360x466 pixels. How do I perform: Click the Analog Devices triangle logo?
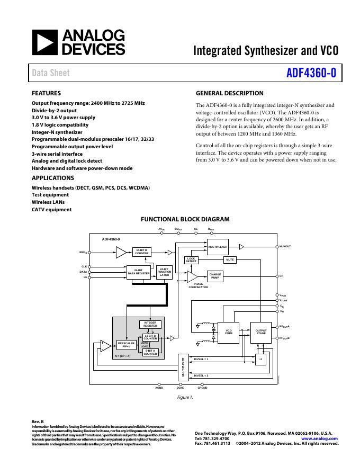click(44, 42)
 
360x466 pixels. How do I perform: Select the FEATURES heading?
click(46, 93)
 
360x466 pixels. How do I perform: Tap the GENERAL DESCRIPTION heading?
click(229, 93)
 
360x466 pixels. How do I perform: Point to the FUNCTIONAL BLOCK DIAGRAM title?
click(184, 219)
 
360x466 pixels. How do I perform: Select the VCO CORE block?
click(229, 332)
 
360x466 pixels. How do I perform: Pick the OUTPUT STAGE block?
click(261, 332)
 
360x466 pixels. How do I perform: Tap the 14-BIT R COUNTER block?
click(141, 252)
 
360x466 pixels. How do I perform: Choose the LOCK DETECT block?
click(191, 260)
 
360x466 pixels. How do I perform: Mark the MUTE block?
click(230, 260)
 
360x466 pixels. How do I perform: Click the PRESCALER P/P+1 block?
click(126, 345)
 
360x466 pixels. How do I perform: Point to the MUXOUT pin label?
click(285, 247)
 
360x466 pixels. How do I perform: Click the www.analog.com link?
click(319, 438)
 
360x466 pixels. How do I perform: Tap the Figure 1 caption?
click(185, 396)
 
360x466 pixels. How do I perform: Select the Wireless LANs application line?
click(50, 202)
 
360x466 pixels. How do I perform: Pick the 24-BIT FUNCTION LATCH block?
click(165, 272)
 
